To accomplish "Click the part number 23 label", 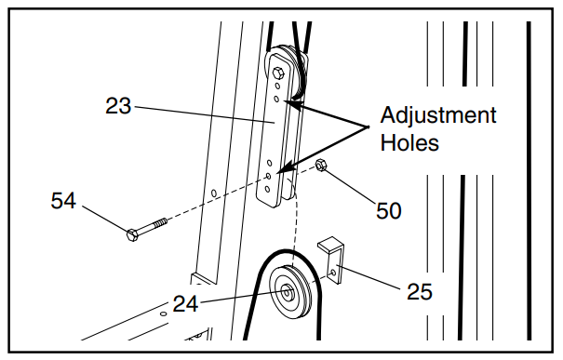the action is click(x=118, y=106).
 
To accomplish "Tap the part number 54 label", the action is click(x=63, y=200).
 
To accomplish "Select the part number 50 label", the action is click(x=388, y=210).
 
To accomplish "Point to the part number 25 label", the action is click(x=420, y=291).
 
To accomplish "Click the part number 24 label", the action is click(x=185, y=303).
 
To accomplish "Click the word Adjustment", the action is click(x=438, y=114).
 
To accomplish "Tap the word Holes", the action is click(x=409, y=142).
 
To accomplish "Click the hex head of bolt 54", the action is click(x=132, y=234).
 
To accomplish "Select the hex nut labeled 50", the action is click(x=321, y=166).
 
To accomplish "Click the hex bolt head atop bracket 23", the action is click(x=278, y=73).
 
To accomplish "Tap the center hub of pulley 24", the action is click(x=287, y=292).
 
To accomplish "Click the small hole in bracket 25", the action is click(x=333, y=273).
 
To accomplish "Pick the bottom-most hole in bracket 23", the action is click(x=267, y=189).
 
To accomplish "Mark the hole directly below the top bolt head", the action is click(x=277, y=87).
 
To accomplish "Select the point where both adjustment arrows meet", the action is click(x=369, y=127).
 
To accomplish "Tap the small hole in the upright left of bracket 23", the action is click(x=214, y=193).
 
